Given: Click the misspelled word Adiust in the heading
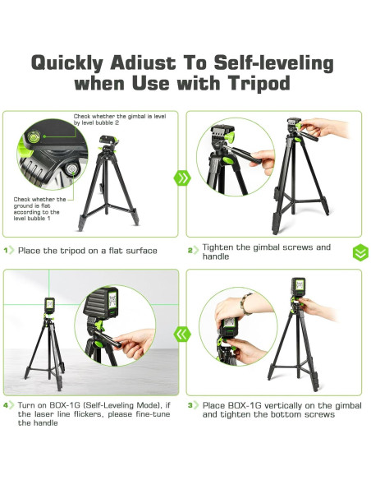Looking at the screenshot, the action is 143,62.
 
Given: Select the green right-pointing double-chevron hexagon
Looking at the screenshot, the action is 182,178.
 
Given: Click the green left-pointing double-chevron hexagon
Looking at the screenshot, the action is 182,334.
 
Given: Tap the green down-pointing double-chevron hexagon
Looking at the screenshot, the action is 360,252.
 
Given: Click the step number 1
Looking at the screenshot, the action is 6,251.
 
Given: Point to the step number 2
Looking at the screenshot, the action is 190,251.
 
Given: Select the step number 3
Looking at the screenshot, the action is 190,405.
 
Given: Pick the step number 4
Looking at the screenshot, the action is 6,405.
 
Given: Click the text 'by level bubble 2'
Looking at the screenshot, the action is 96,122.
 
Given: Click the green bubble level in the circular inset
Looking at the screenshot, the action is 34,136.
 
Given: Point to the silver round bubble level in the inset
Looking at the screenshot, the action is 71,169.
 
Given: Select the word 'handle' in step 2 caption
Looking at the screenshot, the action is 216,256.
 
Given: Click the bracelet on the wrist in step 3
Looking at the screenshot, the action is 245,303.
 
